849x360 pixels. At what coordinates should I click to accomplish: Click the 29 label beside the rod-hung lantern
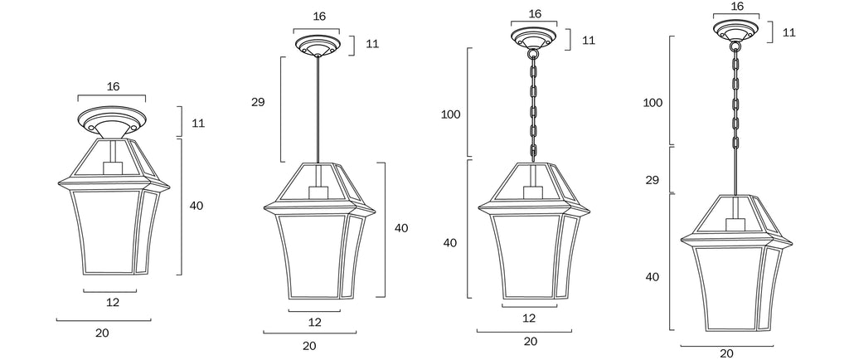coord(259,102)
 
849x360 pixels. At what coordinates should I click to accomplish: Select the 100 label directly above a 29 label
coord(653,103)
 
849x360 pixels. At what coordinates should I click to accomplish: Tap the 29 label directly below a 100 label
coord(652,180)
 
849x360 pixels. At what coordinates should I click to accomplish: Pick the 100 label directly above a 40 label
coord(450,114)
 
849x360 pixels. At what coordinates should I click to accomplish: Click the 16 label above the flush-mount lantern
coord(113,86)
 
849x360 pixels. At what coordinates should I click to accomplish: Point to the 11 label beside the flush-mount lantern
coord(198,123)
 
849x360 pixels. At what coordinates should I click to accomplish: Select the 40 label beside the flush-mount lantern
coord(196,206)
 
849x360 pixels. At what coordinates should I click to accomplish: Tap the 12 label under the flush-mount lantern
coord(113,303)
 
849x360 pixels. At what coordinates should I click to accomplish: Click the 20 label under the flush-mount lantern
coord(102,333)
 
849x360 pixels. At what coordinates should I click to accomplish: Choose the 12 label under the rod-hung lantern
coord(314,323)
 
